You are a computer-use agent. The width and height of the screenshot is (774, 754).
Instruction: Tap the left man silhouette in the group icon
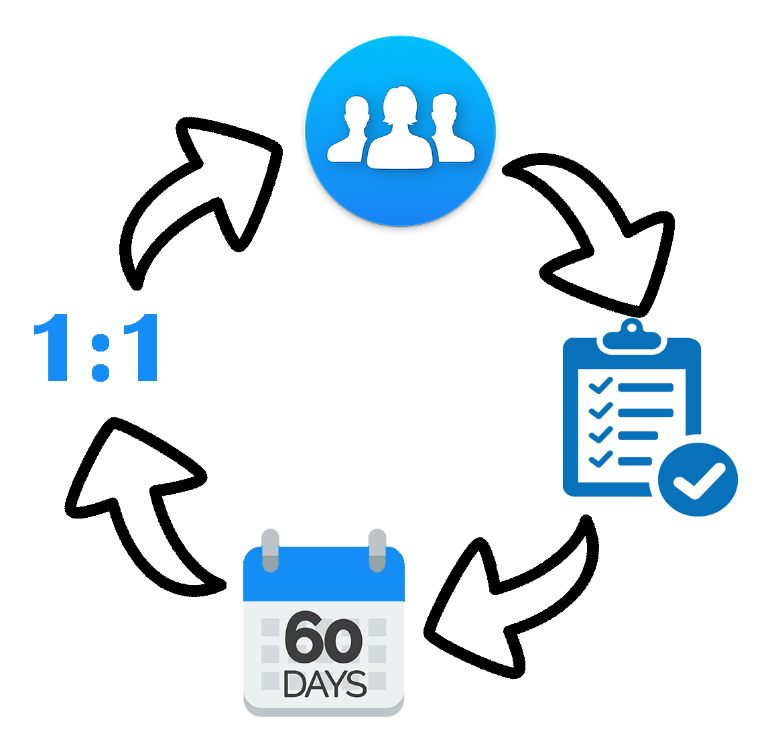(348, 138)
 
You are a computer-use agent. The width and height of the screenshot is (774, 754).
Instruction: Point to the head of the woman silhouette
(400, 104)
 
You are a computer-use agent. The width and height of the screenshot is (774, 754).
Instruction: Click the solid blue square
(650, 417)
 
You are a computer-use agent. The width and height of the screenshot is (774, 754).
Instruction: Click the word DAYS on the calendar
(325, 684)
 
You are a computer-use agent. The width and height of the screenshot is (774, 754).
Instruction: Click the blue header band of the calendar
(324, 576)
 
